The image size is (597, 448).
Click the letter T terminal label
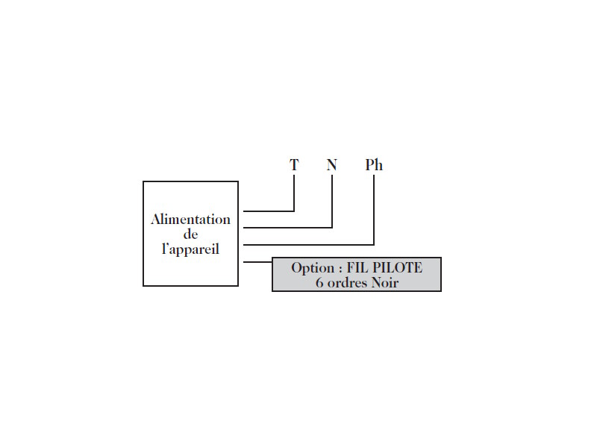[x=294, y=165]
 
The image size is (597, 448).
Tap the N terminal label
[x=332, y=165]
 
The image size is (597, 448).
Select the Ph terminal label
[x=374, y=165]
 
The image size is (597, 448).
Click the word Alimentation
[x=190, y=220]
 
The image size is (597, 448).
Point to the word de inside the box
[x=190, y=234]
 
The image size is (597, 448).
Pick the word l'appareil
[x=190, y=249]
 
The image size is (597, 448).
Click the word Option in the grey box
[x=312, y=268]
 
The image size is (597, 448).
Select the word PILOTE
[x=398, y=268]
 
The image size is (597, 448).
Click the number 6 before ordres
[x=319, y=283]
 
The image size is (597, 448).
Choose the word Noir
[x=384, y=283]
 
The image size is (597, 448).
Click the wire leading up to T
[x=269, y=211]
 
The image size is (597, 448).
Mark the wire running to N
[x=287, y=228]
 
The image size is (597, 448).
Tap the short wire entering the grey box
[x=257, y=261]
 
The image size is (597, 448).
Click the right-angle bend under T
[x=294, y=211]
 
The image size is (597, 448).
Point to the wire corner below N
[x=332, y=228]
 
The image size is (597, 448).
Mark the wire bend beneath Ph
[x=374, y=244]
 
